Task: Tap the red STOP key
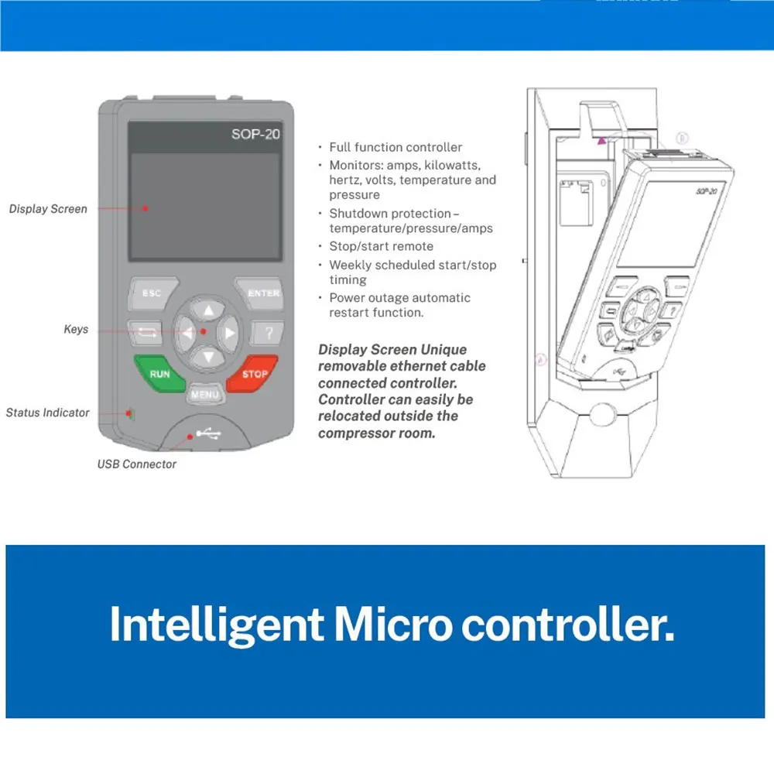point(253,374)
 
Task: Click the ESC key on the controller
point(152,293)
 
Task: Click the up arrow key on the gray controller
point(208,310)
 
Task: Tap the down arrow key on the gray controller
point(208,356)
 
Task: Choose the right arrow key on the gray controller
point(228,334)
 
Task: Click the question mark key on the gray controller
point(268,333)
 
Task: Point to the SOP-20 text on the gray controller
point(255,134)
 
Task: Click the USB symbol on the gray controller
point(208,434)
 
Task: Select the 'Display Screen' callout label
point(48,209)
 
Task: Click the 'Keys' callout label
point(76,329)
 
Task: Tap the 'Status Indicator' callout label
point(47,413)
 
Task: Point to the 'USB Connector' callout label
point(137,464)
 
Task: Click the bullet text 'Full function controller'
point(396,147)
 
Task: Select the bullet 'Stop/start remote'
point(382,246)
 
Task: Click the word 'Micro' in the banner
point(393,625)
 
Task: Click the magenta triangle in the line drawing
point(601,141)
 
